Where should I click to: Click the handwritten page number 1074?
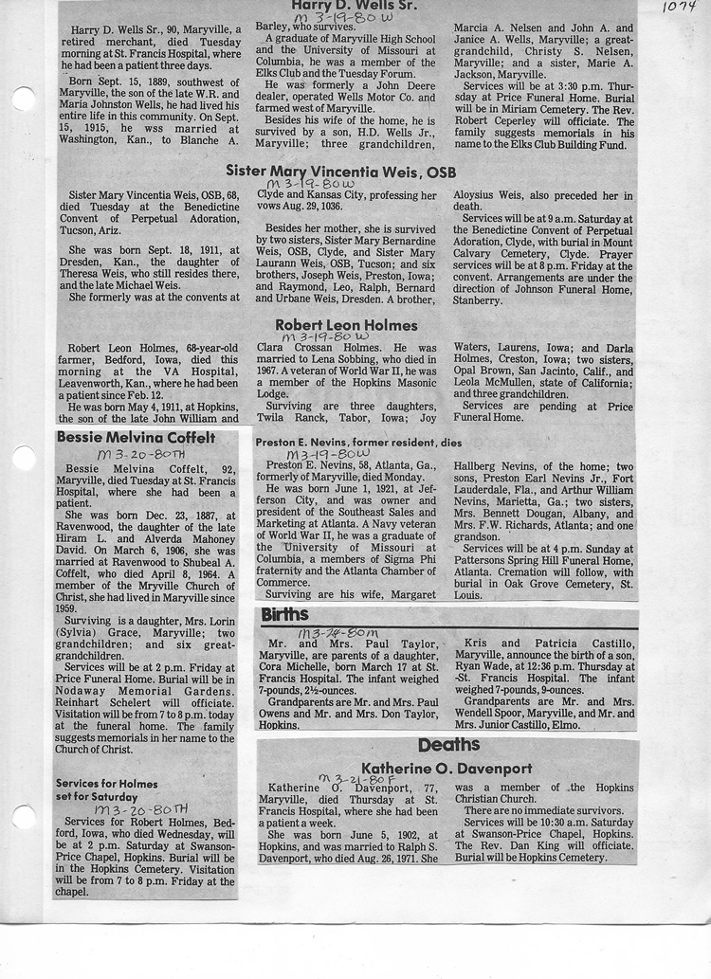click(679, 9)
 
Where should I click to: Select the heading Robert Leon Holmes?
click(346, 325)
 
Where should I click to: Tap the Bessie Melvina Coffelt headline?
click(136, 438)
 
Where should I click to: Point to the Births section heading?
click(284, 615)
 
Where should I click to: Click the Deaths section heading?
click(448, 745)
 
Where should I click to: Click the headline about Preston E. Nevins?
click(358, 442)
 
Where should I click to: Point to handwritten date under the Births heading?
click(338, 632)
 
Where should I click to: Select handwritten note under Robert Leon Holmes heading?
click(324, 336)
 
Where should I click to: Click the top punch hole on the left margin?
click(24, 99)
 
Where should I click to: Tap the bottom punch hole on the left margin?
click(24, 817)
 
